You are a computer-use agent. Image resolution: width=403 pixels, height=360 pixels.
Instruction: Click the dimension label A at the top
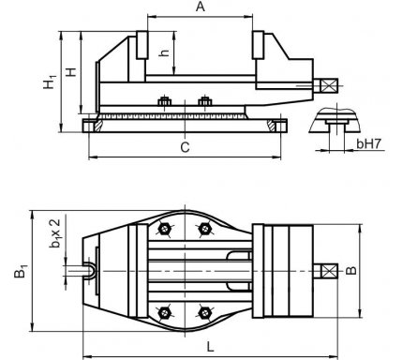tap(201, 7)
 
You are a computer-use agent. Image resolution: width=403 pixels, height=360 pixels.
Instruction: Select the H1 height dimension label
tap(50, 82)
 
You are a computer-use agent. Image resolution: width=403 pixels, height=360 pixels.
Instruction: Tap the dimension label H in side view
tap(71, 72)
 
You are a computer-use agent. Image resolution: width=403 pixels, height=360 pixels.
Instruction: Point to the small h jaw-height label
tap(164, 52)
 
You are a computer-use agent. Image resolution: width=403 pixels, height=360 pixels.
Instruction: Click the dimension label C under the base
tap(186, 147)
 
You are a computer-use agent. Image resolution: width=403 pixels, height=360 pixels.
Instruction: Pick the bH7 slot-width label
tap(369, 143)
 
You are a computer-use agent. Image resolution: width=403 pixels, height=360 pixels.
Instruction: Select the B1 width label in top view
tap(21, 271)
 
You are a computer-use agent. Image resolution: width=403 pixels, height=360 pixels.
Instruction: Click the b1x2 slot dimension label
tap(55, 233)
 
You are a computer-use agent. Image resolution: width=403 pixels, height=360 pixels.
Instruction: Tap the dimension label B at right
tap(351, 271)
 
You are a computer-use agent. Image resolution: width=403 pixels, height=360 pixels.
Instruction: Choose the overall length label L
tap(210, 346)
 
